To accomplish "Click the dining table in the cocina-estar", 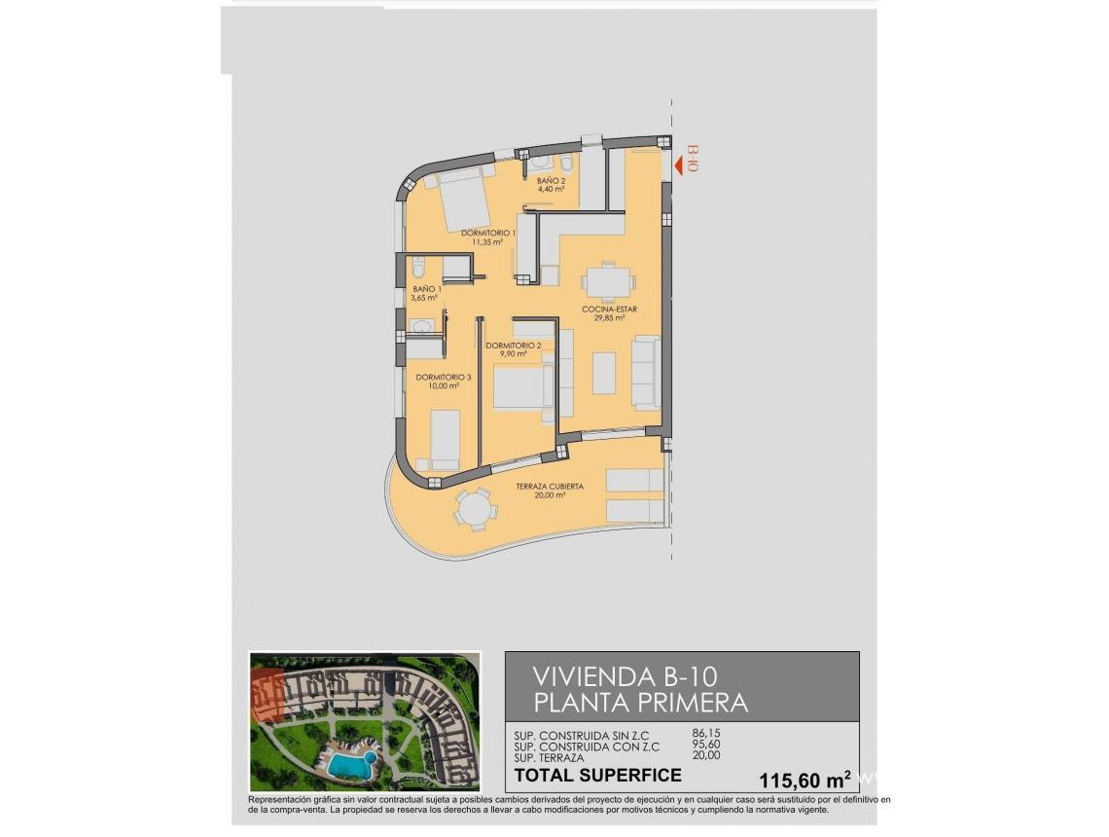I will click(608, 282).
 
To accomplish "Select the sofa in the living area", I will click(645, 371).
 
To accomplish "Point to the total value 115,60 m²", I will click(804, 779).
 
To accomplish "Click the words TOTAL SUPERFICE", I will click(597, 776).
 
